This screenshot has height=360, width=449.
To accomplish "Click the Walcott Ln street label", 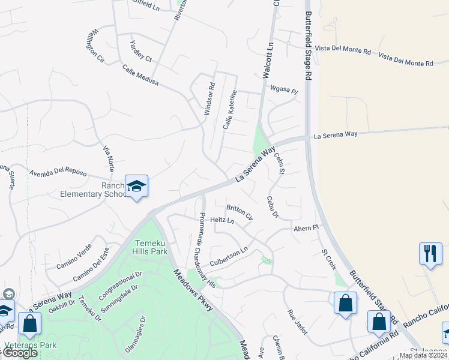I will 268,60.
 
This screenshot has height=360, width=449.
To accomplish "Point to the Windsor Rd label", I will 209,99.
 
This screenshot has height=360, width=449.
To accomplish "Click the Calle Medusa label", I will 140,74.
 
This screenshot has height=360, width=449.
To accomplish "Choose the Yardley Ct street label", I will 142,50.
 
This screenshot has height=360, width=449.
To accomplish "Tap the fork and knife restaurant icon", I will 430,253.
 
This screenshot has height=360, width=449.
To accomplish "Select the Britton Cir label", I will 240,212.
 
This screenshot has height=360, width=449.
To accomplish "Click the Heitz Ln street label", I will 221,221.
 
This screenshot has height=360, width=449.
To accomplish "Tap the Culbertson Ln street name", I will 229,257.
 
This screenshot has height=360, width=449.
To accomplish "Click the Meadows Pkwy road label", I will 194,289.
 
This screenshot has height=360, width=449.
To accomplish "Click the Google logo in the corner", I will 19,353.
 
